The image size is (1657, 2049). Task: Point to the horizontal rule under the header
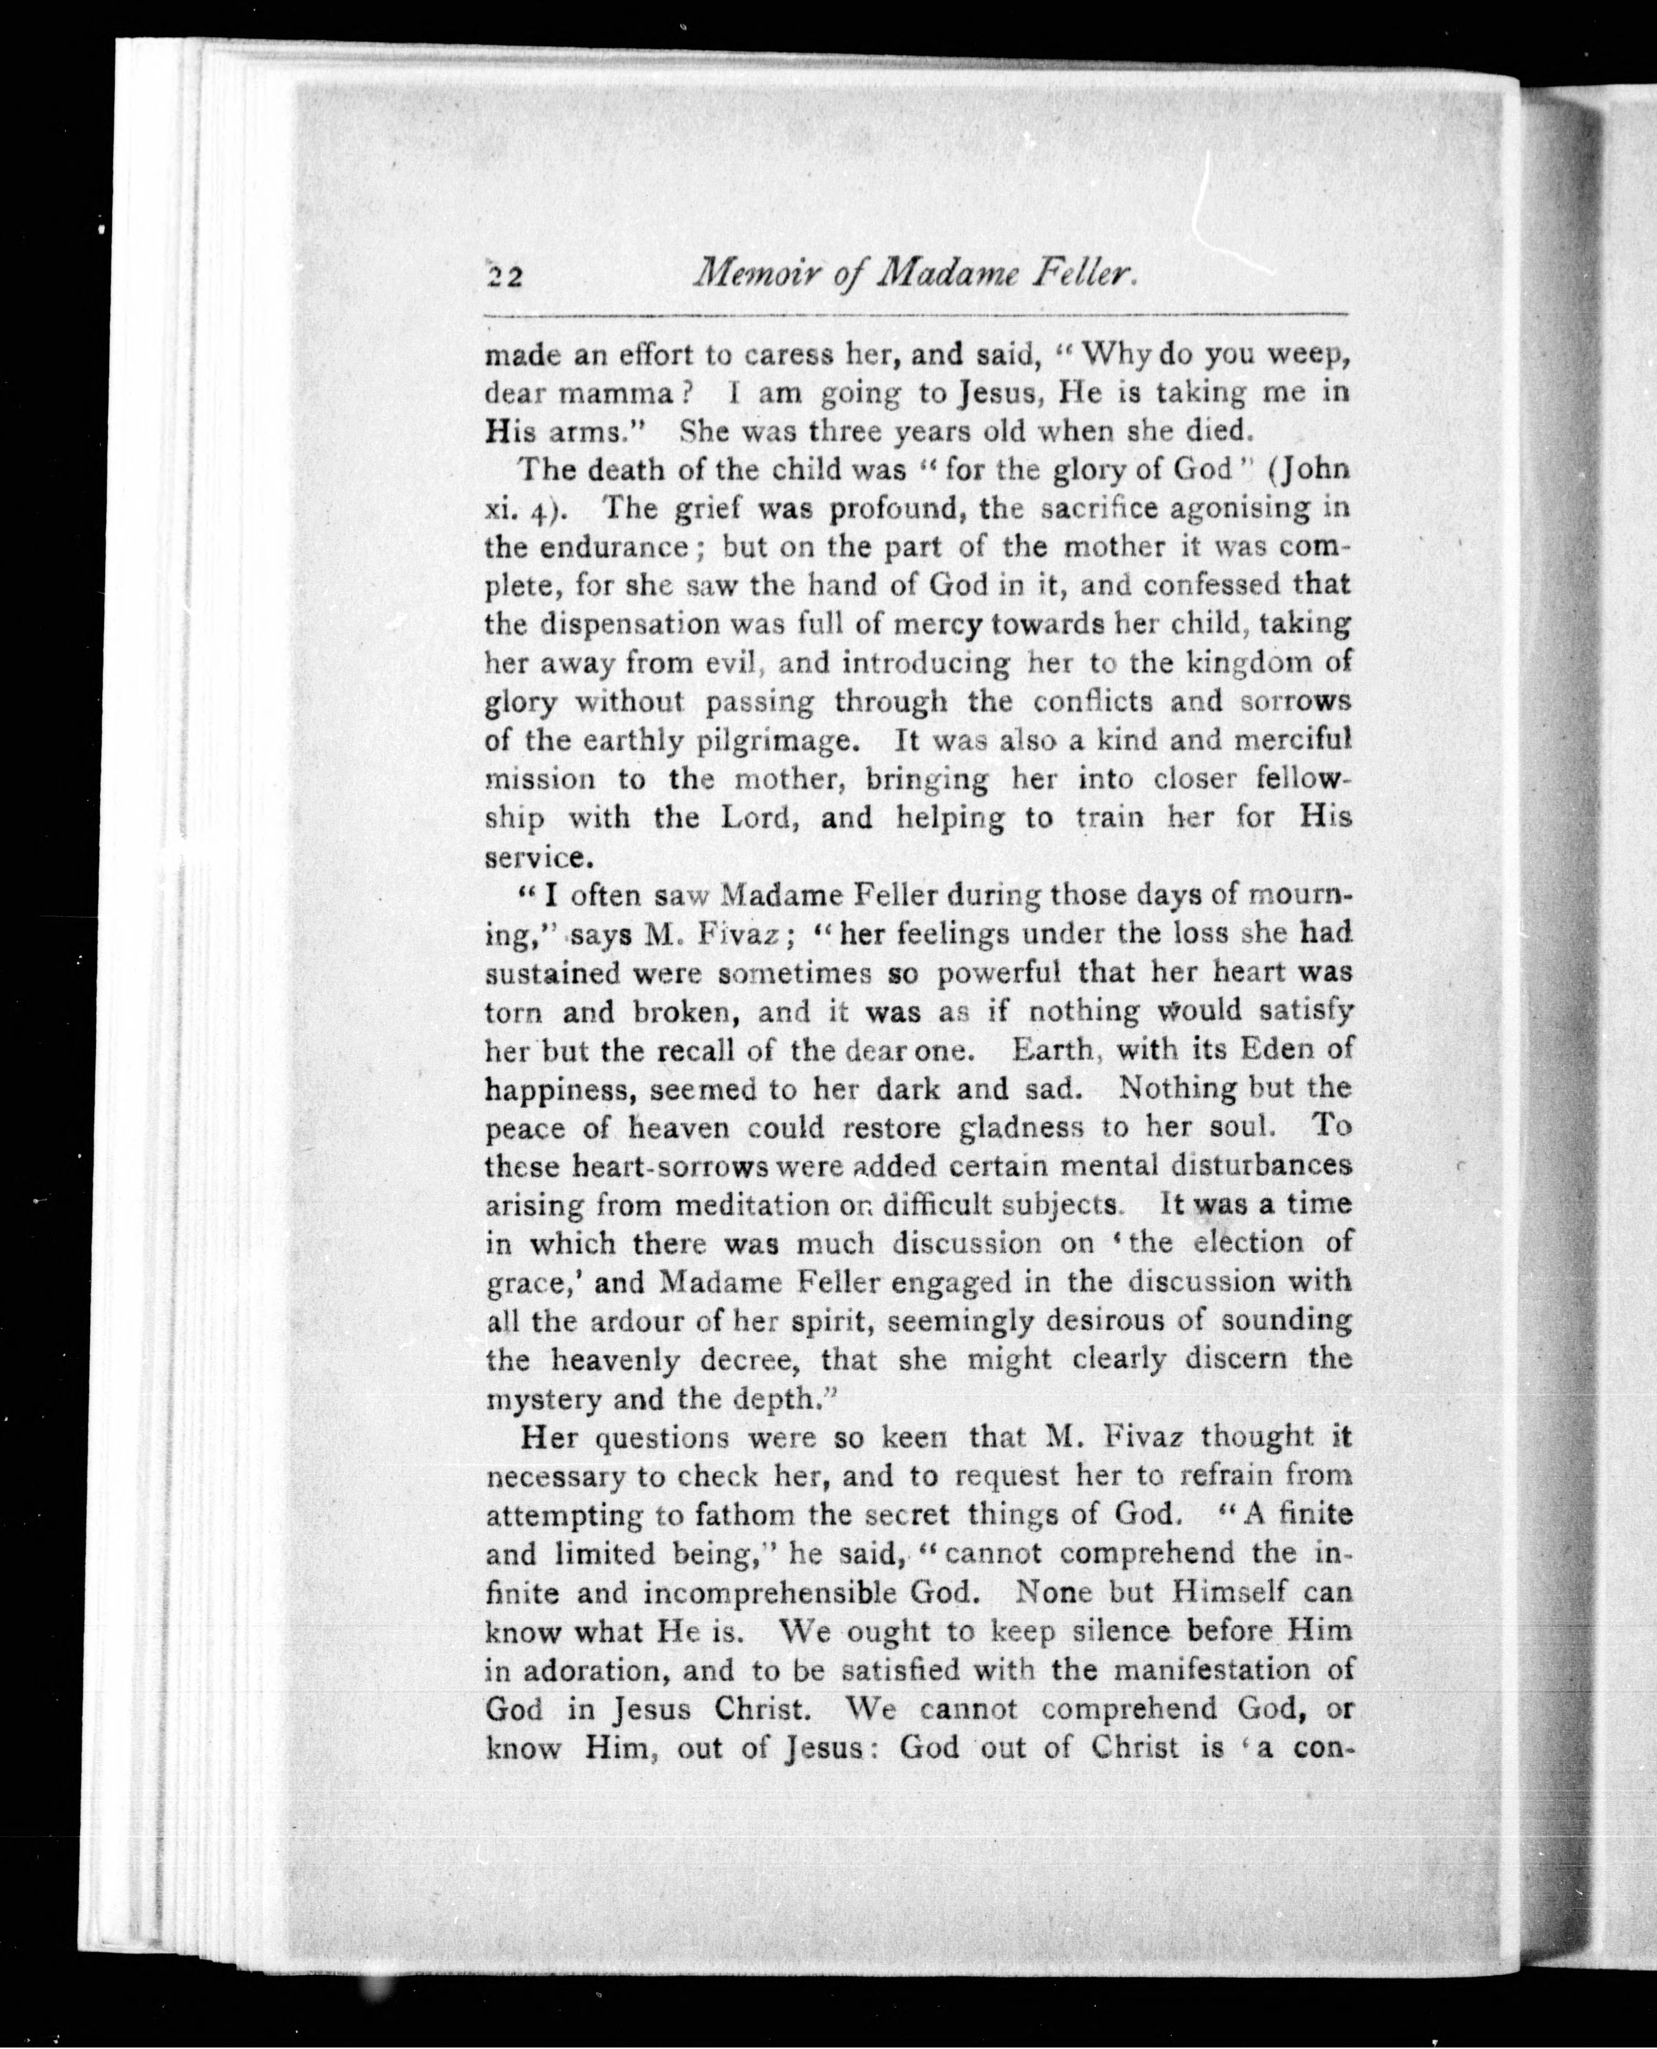916,314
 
